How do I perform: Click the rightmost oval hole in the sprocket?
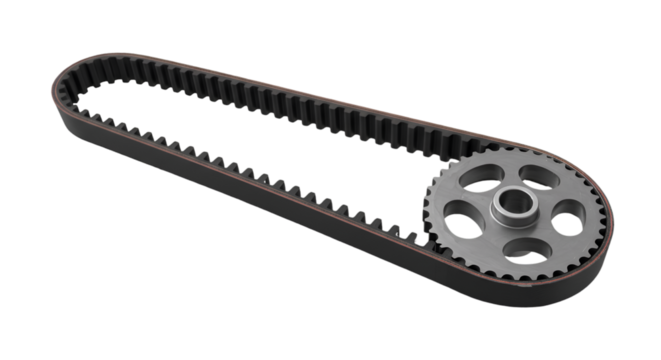566,211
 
